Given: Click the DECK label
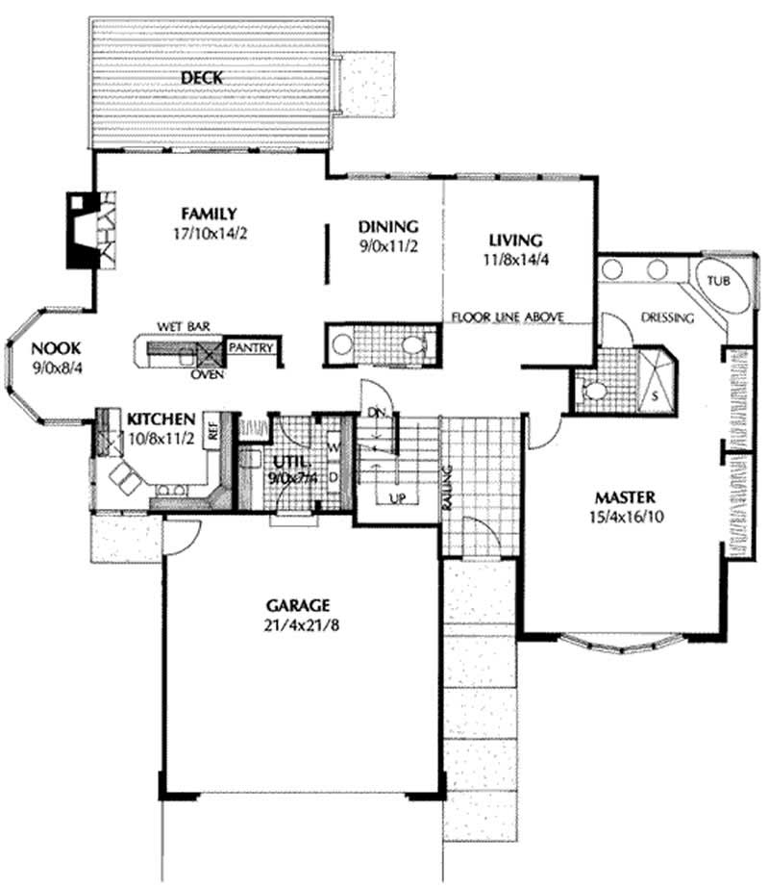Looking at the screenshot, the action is click(x=202, y=78).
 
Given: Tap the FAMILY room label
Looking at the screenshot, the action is click(x=209, y=215).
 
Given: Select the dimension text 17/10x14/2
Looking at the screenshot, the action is click(x=210, y=234).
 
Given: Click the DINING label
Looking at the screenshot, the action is click(x=388, y=227).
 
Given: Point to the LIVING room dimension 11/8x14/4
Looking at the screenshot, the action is click(x=515, y=260).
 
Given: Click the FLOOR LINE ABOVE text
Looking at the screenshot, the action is click(x=508, y=317).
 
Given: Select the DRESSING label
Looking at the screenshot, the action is click(x=667, y=317).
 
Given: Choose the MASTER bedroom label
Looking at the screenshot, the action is click(x=625, y=497).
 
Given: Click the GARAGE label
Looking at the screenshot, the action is click(x=298, y=605).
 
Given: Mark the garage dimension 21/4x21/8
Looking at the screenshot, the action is click(x=301, y=625).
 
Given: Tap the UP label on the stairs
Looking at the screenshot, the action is click(x=397, y=499).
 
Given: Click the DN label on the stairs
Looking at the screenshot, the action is click(x=376, y=413).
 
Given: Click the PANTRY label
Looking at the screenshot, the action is click(x=251, y=347).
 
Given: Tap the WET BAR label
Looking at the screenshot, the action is click(x=184, y=327).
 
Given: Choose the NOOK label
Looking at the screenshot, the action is click(x=56, y=347).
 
